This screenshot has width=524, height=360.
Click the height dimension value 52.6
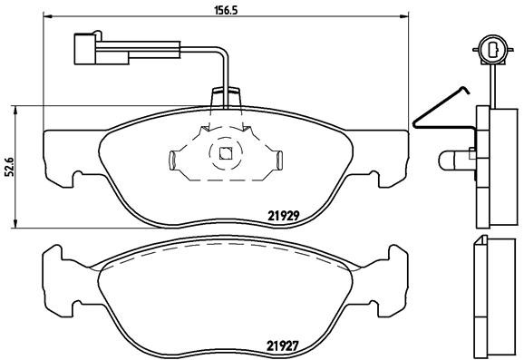click(10, 168)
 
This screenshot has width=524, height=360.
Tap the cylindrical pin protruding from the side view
click(451, 161)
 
